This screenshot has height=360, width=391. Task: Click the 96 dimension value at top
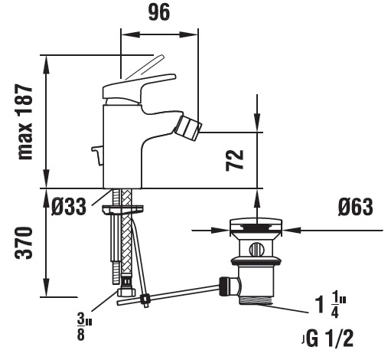click(x=159, y=12)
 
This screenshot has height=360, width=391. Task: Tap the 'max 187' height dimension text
click(x=25, y=122)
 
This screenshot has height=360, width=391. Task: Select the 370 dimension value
click(x=24, y=243)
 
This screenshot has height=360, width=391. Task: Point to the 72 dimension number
click(x=235, y=160)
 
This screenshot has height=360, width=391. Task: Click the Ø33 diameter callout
click(x=69, y=207)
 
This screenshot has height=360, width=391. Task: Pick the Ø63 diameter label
click(x=356, y=207)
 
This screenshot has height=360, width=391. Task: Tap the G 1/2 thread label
click(x=330, y=339)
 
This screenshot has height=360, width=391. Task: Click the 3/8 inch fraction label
click(x=83, y=328)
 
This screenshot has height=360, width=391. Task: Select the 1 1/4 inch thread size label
click(x=331, y=306)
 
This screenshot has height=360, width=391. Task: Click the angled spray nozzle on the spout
click(x=188, y=126)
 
